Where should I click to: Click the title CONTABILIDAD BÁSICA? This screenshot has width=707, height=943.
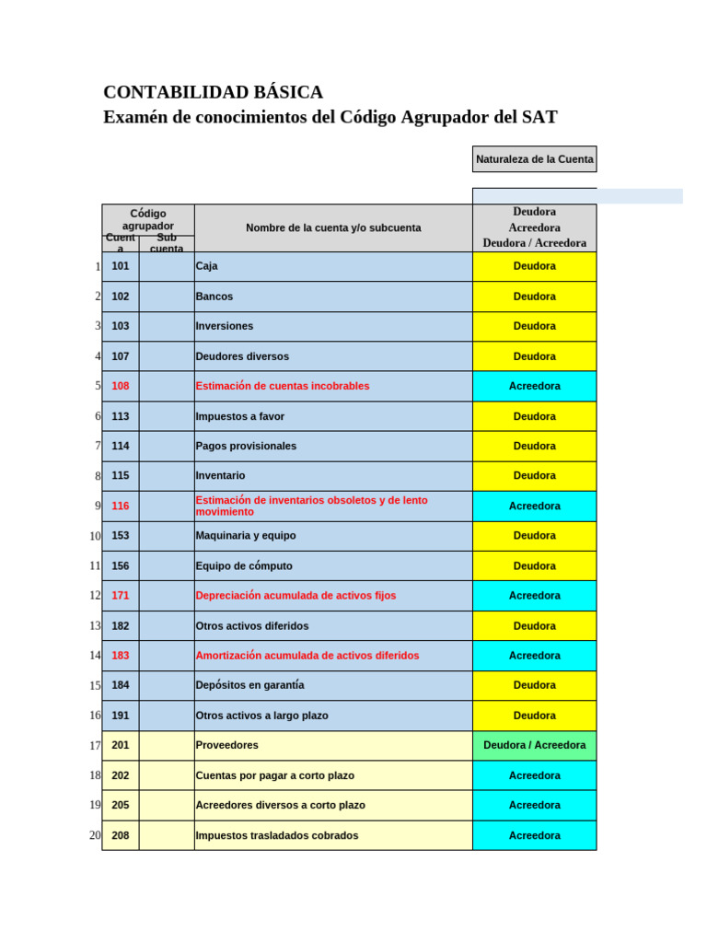[x=213, y=92]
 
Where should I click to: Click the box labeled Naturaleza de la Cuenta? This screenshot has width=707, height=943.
[x=534, y=159]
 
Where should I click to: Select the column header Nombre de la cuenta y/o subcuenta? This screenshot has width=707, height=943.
[x=333, y=227]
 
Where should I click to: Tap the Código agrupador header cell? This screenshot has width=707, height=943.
[x=148, y=219]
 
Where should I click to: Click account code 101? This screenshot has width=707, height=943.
[x=121, y=266]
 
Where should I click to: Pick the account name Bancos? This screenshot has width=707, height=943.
[x=214, y=297]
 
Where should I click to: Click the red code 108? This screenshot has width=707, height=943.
[x=121, y=386]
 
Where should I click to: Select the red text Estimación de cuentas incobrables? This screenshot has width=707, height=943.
[x=283, y=386]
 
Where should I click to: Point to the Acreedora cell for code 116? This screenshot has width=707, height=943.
[x=534, y=506]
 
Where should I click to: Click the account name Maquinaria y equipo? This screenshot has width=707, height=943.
[x=246, y=535]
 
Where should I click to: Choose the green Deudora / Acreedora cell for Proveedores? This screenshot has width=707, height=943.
[x=534, y=745]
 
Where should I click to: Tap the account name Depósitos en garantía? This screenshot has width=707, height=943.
[x=249, y=685]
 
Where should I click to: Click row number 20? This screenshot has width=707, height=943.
[x=95, y=835]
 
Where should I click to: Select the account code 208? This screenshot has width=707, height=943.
[x=121, y=835]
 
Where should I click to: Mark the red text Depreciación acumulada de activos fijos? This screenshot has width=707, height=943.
[x=296, y=596]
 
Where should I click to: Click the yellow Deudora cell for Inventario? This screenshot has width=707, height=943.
[x=534, y=475]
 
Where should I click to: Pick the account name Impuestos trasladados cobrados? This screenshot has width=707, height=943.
[x=277, y=835]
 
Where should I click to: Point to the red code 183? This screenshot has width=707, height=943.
[x=121, y=656]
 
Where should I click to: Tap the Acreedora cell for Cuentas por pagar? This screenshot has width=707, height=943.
[x=534, y=775]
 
